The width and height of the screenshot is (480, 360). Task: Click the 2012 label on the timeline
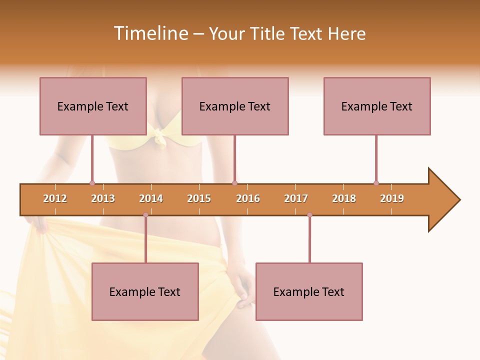point(55,198)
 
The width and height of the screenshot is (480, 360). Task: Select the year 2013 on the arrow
point(103,198)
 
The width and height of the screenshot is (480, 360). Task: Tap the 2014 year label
point(151,198)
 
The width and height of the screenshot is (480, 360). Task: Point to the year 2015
point(199,198)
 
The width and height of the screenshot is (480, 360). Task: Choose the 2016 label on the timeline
point(248,198)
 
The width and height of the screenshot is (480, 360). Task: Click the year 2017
point(296,198)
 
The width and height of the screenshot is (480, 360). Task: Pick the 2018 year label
point(344,198)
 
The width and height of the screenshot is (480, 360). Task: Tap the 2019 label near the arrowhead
point(392,198)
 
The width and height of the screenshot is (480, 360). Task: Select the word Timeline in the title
point(150,33)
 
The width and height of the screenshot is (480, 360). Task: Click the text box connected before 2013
point(93,106)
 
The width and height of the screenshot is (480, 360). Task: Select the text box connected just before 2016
point(235,106)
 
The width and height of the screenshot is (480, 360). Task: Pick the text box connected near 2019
point(377,106)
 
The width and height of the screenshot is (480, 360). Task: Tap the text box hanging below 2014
point(145,291)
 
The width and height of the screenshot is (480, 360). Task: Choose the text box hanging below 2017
point(309,291)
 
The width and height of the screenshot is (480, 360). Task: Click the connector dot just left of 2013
point(92,183)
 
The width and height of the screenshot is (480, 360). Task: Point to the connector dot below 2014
point(145,215)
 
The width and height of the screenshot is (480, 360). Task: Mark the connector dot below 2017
point(309,215)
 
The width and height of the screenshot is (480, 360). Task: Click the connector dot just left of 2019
point(376,183)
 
